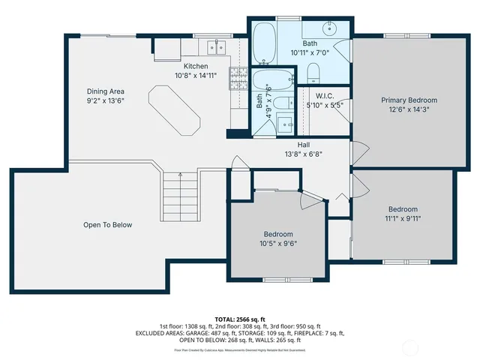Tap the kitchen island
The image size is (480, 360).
(174, 109)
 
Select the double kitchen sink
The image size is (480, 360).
(216, 49)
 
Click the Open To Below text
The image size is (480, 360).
(107, 224)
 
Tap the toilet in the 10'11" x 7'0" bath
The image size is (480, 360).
(314, 73)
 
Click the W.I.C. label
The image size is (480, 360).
(325, 95)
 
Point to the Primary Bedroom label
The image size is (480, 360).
(409, 100)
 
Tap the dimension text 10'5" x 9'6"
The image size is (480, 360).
(277, 244)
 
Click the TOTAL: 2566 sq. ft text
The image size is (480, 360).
(239, 319)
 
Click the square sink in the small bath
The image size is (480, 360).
(285, 123)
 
